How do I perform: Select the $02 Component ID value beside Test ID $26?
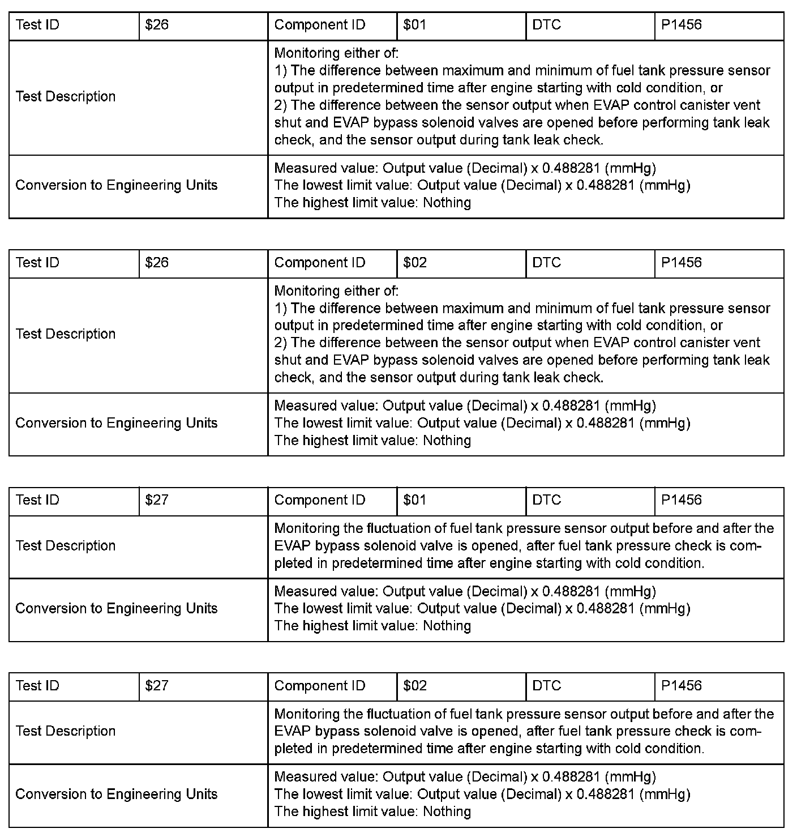(x=415, y=263)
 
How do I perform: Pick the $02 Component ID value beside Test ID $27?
(x=415, y=686)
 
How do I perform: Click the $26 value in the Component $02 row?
(x=157, y=263)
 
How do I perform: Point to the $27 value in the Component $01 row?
(x=157, y=500)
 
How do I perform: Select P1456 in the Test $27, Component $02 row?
(x=681, y=686)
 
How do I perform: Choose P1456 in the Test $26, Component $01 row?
(x=681, y=25)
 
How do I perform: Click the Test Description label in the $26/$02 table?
(x=66, y=334)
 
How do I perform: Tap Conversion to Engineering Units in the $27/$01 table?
(x=117, y=609)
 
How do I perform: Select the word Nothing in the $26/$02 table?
(x=447, y=441)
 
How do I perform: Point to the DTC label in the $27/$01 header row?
(x=546, y=500)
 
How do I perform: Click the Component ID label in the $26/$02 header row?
(x=320, y=263)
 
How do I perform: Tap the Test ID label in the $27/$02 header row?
(x=37, y=686)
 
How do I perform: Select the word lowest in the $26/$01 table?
(x=322, y=186)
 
